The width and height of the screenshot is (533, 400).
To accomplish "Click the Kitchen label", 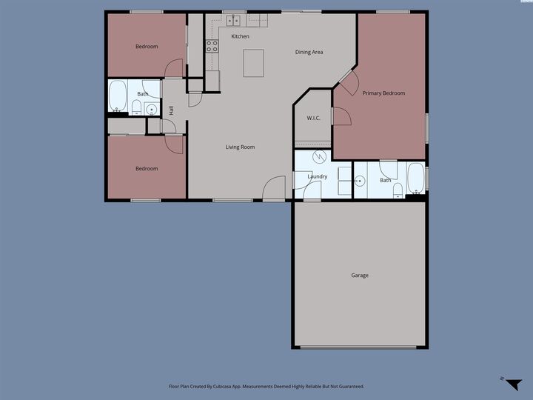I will click(x=240, y=36).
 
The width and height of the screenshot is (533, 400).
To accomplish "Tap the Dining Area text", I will click(x=309, y=52).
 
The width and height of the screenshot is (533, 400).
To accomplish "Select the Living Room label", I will click(x=240, y=147).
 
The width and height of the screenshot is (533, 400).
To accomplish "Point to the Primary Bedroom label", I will click(x=383, y=93).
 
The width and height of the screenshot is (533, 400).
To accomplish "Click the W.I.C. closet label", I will click(x=313, y=118).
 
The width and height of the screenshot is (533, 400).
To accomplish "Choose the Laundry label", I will click(x=318, y=176).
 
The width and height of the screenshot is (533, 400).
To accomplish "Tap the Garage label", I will click(x=360, y=276).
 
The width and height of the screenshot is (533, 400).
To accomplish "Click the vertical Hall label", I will click(x=171, y=110).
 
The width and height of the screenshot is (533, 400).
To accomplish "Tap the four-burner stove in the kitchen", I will click(x=212, y=47).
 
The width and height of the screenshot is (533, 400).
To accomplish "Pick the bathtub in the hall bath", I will click(x=118, y=96).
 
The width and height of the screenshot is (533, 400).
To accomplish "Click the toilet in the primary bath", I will click(x=398, y=190).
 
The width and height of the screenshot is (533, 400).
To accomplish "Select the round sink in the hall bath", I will click(x=151, y=110).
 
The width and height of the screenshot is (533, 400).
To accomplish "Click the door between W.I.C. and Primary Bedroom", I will click(x=340, y=116).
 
